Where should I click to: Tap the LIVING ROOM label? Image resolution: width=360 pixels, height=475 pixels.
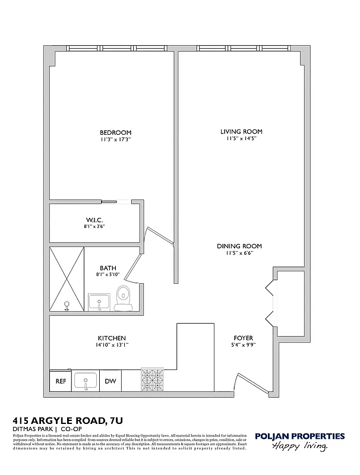point(241,132)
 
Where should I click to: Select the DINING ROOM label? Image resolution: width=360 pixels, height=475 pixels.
point(239,246)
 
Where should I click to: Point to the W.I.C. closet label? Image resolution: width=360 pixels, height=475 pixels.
point(94,220)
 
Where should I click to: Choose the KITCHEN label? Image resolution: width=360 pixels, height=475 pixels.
point(110,338)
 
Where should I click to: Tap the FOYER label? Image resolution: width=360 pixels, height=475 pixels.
point(243,338)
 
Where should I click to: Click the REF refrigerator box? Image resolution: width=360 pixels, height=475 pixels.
point(61,381)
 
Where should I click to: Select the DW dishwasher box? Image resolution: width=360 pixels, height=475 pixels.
point(110,381)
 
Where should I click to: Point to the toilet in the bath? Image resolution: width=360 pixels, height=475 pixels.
point(124,297)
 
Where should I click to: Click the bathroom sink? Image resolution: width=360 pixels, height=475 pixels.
point(99,302)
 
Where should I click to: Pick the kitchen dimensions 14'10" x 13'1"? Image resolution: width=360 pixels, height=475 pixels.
point(110,345)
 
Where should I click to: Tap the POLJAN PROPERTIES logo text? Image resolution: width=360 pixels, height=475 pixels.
point(299,436)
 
